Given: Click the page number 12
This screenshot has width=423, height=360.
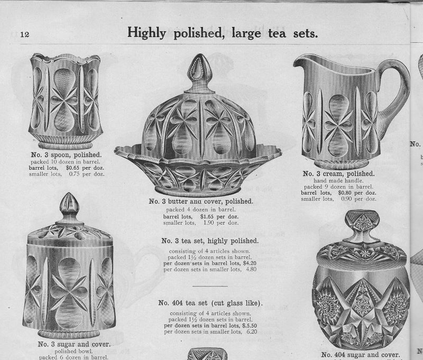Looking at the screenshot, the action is point(24,34).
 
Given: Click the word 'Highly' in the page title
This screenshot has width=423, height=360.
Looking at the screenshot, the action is point(146,33).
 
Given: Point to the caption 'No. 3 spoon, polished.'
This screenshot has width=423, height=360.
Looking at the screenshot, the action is point(67,155).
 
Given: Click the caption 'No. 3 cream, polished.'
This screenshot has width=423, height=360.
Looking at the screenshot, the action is point(338,174).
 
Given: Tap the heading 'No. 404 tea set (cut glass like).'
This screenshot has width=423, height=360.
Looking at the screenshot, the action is point(210,303).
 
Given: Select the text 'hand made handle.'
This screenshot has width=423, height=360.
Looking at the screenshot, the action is point(338,181).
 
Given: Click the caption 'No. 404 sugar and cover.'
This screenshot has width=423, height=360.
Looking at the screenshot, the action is point(361,355).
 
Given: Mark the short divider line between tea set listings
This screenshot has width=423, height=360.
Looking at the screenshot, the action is point(210,286).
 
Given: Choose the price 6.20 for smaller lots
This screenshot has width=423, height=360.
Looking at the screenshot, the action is point(252,331).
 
